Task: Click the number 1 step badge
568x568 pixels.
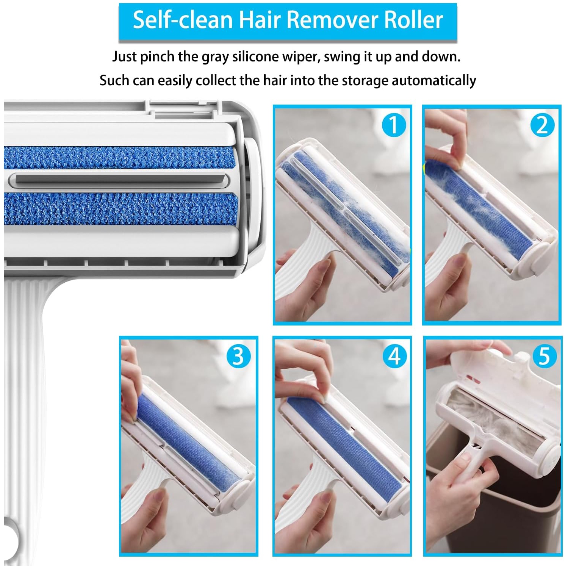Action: pyautogui.click(x=393, y=125)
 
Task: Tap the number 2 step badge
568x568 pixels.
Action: pyautogui.click(x=542, y=125)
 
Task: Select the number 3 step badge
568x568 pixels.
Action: pyautogui.click(x=238, y=356)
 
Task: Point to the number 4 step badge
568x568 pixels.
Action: pyautogui.click(x=394, y=356)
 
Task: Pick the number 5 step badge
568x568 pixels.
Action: pyautogui.click(x=544, y=356)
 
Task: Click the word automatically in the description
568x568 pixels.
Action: pyautogui.click(x=433, y=81)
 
